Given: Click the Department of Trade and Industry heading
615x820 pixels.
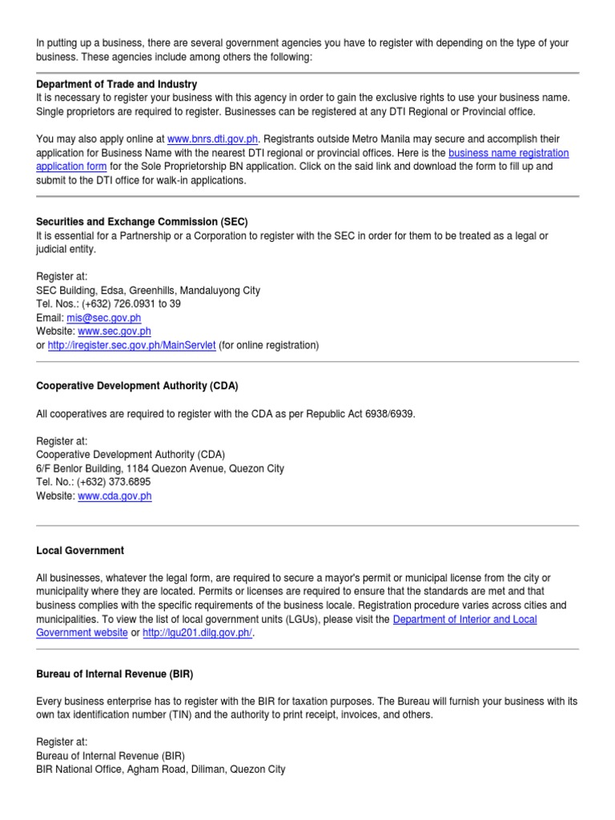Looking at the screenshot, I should [117, 84].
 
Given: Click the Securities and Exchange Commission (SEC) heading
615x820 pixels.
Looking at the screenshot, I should [147, 221].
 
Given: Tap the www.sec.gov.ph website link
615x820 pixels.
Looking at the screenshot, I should [115, 332].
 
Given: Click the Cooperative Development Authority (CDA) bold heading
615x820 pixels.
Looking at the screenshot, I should [137, 386].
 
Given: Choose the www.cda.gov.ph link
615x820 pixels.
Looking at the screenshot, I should [115, 496].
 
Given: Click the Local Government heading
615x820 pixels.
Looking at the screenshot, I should [80, 551].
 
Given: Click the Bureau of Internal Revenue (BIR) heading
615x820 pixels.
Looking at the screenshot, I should [115, 674].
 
